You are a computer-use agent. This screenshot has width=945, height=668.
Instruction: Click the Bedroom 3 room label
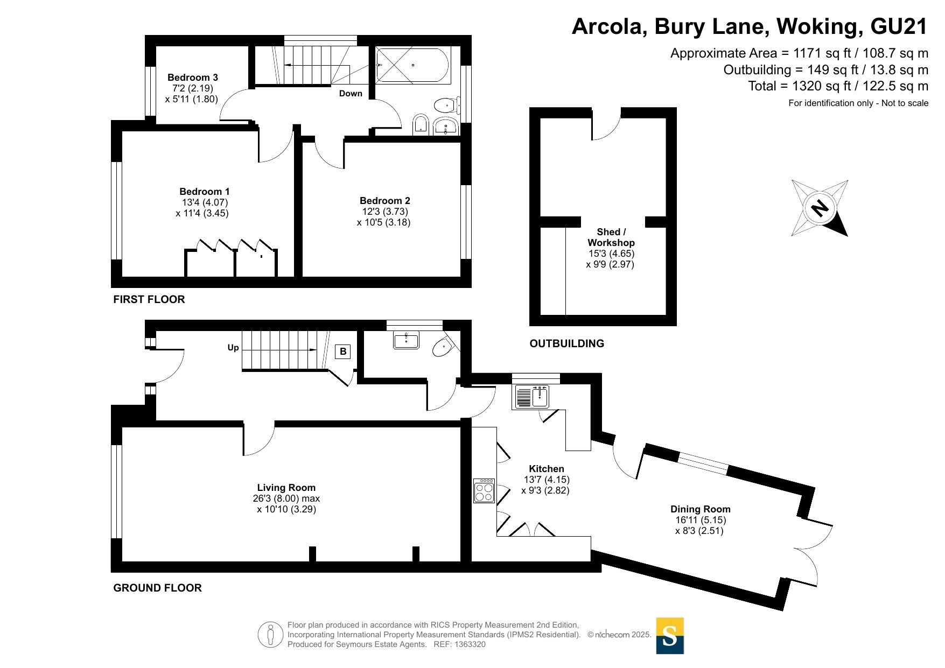click(192, 78)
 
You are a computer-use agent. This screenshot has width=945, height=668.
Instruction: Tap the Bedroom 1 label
click(205, 192)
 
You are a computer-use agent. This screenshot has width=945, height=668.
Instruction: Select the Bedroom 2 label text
click(385, 201)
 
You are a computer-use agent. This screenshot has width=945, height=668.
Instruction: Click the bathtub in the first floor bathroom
click(412, 65)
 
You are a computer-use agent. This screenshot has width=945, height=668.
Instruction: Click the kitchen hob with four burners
click(484, 490)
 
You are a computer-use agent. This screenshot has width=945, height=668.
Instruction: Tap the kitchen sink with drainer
click(532, 397)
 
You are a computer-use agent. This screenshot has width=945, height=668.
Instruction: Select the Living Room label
click(286, 488)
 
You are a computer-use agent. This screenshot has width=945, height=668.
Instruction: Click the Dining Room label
click(701, 509)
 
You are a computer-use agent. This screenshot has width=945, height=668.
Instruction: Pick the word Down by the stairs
click(351, 94)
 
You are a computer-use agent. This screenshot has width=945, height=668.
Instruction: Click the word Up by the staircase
click(233, 348)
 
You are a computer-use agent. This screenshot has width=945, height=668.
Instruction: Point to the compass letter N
click(820, 208)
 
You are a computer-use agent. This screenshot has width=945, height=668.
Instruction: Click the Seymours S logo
click(670, 636)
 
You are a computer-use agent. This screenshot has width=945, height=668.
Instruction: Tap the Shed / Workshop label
click(611, 237)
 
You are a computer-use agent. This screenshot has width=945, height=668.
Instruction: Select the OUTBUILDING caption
click(567, 343)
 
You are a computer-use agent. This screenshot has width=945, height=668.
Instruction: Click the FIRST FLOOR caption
click(149, 299)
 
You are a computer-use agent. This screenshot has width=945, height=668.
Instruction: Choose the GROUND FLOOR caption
click(158, 588)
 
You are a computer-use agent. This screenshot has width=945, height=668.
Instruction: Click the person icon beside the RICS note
click(270, 635)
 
